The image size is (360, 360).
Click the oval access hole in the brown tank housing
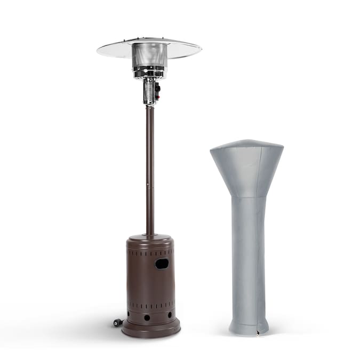coord(162,263)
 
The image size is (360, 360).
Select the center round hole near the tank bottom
coord(147,318)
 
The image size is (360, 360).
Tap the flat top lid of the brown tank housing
coord(150,238)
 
